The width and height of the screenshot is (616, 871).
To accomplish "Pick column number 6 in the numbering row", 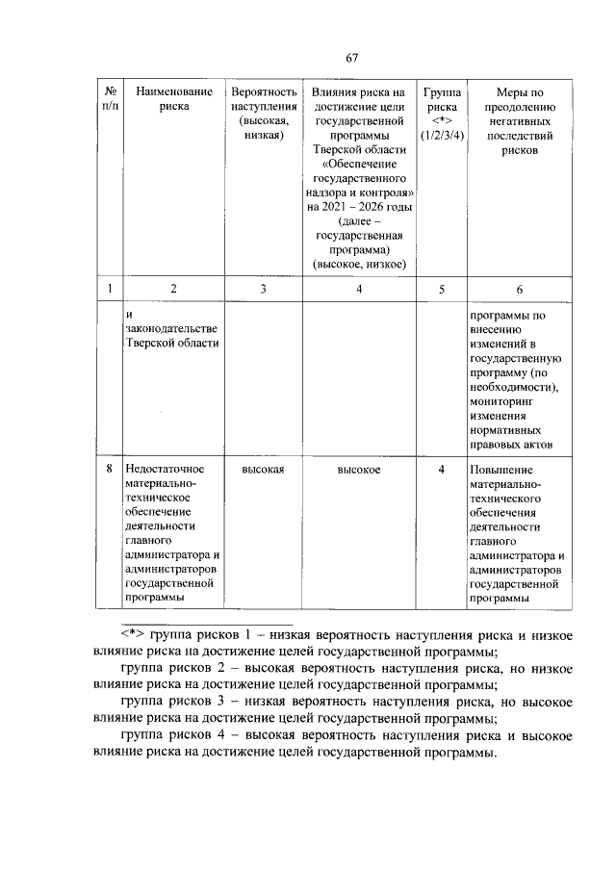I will [519, 289].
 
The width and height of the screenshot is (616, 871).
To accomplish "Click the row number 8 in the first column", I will [110, 470].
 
